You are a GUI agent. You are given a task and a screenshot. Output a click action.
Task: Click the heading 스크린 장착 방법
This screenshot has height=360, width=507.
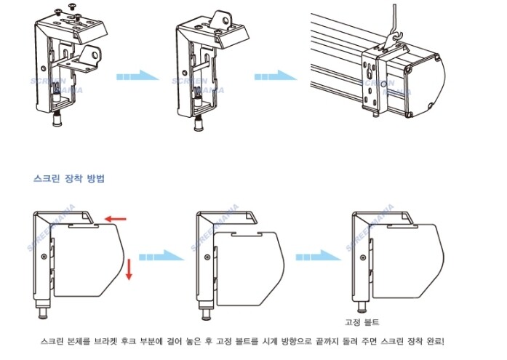click(x=69, y=178)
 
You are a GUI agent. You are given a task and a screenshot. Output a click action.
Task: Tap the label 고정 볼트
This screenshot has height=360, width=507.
click(x=362, y=322)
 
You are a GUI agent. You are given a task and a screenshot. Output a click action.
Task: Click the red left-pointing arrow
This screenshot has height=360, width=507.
click(x=116, y=220)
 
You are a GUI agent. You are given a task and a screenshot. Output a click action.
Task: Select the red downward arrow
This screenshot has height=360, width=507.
click(x=129, y=269)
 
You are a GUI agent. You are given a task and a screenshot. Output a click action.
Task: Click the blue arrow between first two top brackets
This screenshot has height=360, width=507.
click(x=137, y=76)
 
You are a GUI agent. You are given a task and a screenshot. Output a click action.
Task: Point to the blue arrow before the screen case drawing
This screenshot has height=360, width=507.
click(x=276, y=76)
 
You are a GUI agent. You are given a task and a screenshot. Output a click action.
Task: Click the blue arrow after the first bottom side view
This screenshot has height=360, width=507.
click(x=161, y=257)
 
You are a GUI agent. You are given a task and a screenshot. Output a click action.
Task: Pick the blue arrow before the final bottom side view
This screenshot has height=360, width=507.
click(x=319, y=257)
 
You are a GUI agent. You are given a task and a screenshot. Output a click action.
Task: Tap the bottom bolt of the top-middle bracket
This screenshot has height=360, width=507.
click(x=199, y=123)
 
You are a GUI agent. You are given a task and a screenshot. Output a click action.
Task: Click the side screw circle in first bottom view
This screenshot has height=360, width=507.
click(x=44, y=257)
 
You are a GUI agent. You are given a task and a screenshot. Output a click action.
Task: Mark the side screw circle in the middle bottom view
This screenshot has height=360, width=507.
click(x=207, y=257)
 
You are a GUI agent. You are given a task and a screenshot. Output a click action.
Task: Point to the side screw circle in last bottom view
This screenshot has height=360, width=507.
click(x=363, y=257)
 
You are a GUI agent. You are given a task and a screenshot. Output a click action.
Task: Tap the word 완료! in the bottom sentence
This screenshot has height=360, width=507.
click(x=436, y=342)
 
